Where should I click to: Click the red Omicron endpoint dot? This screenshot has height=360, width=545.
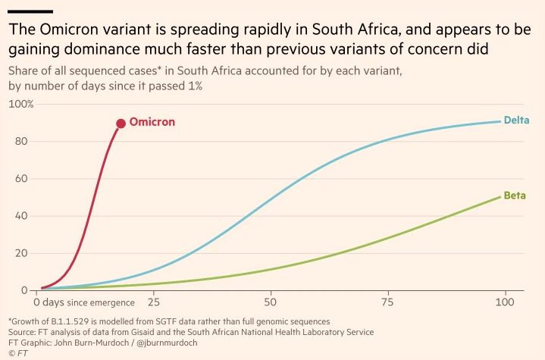click(121, 124)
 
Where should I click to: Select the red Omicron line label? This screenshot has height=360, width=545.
click(152, 122)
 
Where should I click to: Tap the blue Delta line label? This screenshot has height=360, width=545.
click(516, 120)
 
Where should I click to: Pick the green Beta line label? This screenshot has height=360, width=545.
click(515, 196)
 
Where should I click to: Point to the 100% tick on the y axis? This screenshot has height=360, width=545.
click(20, 104)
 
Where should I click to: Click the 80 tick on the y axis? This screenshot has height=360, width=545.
click(22, 141)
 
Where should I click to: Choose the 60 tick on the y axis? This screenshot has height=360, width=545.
click(22, 179)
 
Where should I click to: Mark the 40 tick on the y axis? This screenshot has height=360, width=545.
click(22, 216)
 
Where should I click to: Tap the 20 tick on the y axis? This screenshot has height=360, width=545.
click(22, 253)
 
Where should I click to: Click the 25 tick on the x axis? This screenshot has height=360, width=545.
click(154, 303)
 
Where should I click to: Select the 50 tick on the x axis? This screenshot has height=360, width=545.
click(270, 303)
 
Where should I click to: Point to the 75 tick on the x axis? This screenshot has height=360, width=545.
click(387, 303)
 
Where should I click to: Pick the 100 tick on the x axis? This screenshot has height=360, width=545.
click(503, 303)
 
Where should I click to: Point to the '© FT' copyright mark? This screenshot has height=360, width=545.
click(17, 353)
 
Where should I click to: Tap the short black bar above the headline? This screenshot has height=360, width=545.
click(30, 11)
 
